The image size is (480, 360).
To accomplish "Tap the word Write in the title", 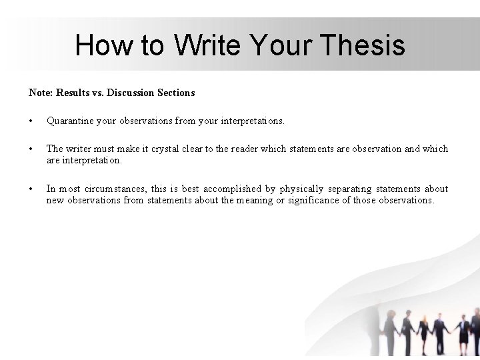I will click(x=209, y=46).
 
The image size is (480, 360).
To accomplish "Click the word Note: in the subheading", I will click(x=41, y=93).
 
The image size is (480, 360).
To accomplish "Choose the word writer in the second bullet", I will click(x=81, y=149).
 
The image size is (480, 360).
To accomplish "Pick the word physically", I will click(x=301, y=189).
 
